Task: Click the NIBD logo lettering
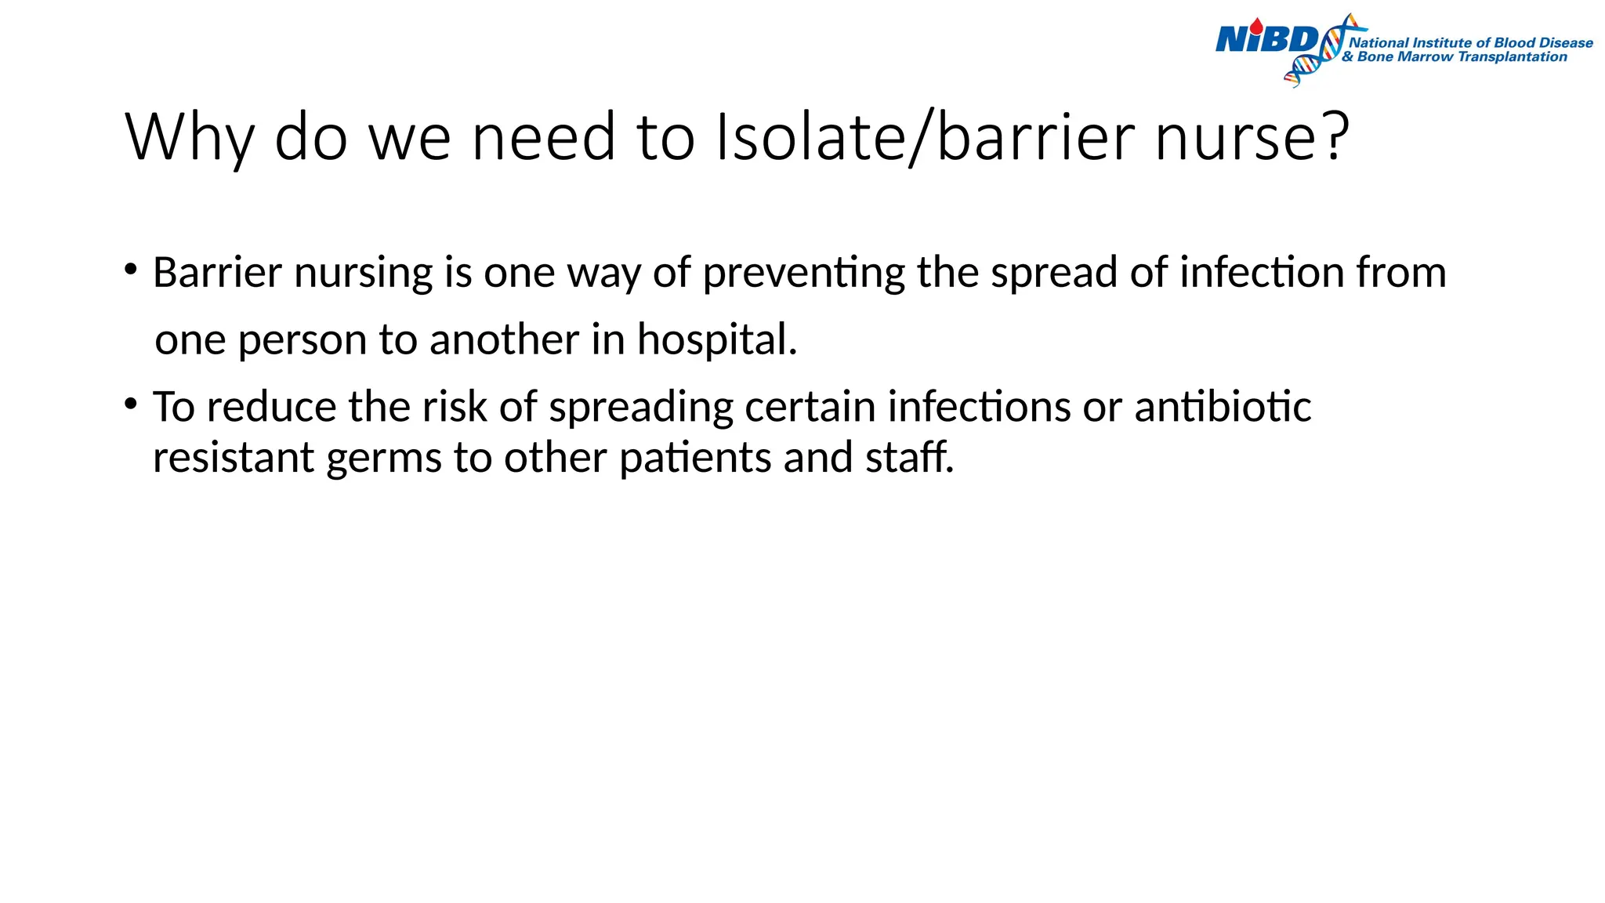pos(1265,38)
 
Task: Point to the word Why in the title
pos(189,138)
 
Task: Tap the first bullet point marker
pos(131,271)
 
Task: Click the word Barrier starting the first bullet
pos(217,273)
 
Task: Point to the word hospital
pos(716,340)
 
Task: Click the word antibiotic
pos(1223,407)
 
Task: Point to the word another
pos(504,340)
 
